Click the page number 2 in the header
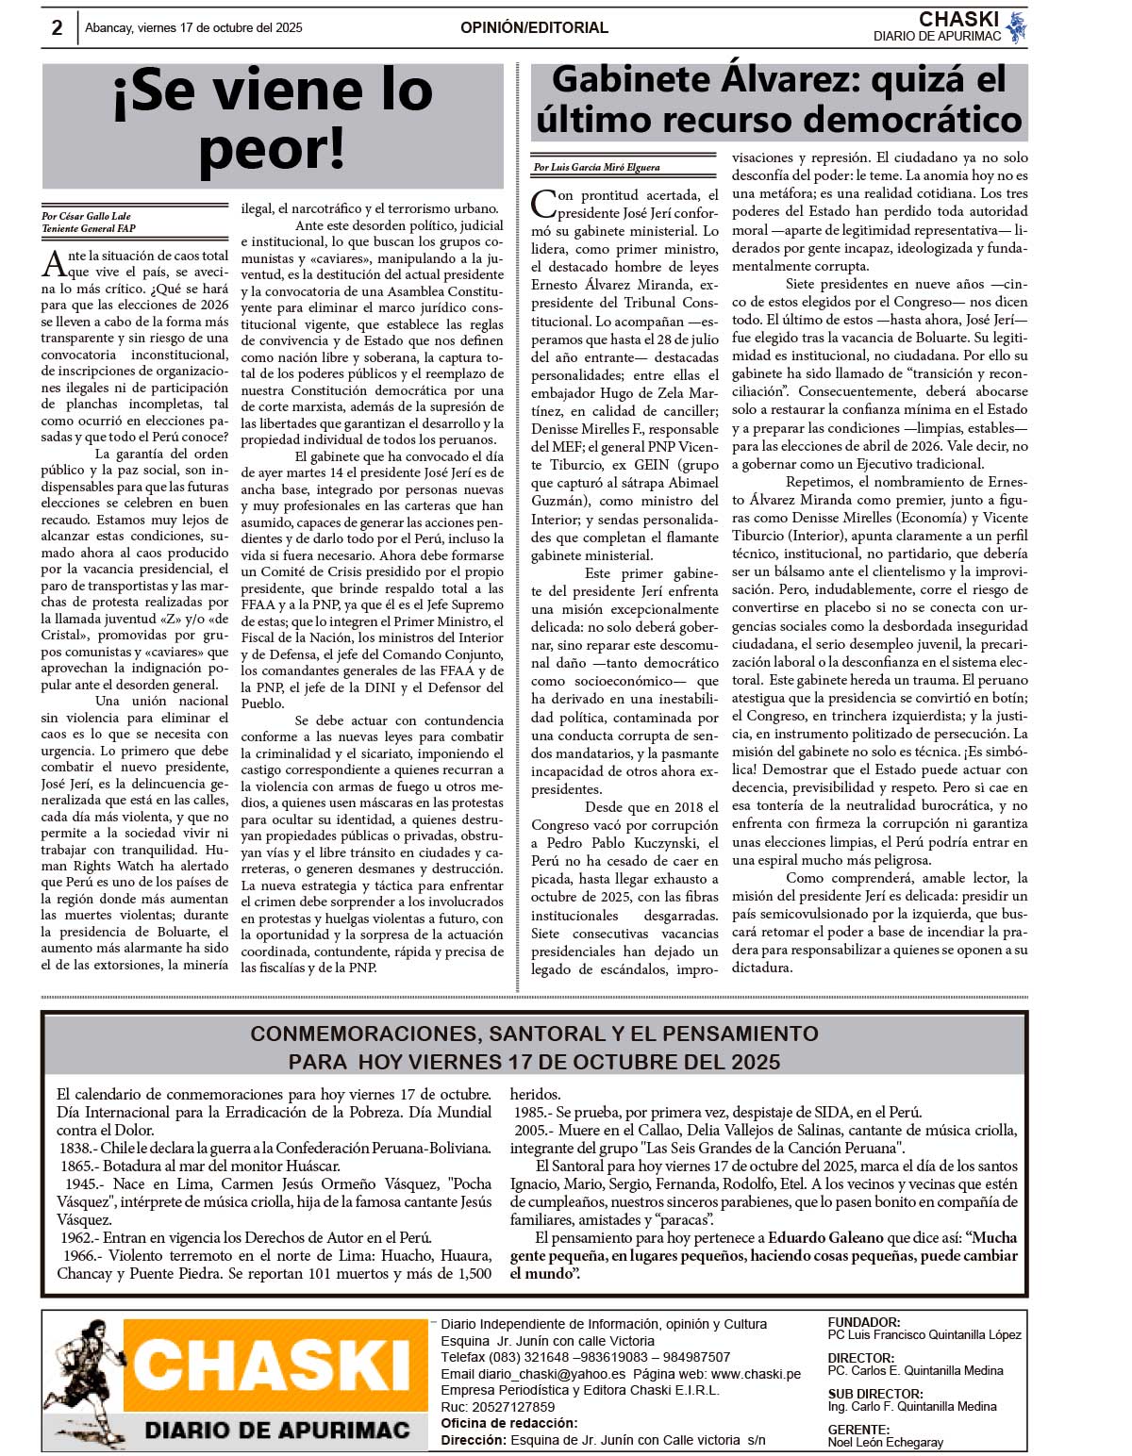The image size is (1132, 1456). [57, 28]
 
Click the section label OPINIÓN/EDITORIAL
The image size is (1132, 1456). [534, 28]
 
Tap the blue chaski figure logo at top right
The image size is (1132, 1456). [1016, 27]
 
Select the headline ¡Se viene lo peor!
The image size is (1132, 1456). [273, 119]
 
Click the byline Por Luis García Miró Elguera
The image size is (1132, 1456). [596, 168]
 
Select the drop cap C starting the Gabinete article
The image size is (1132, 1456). [543, 202]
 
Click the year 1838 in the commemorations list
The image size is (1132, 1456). [76, 1148]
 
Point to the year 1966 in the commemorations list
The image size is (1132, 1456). [79, 1255]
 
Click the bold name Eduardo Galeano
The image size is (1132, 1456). [825, 1237]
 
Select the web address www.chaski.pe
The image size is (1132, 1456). [756, 1374]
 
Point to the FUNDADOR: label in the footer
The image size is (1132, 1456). [863, 1322]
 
